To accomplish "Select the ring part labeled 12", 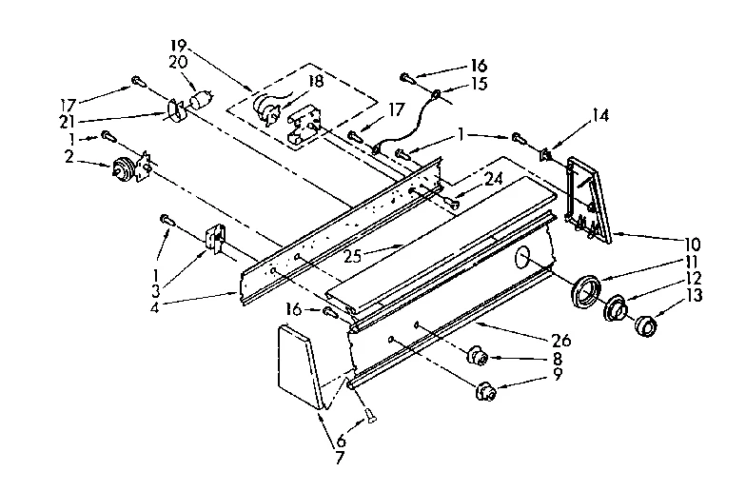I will coord(617,309).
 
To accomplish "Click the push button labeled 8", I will coord(478,358).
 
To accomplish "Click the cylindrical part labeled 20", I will coord(200,100).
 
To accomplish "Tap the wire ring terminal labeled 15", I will coord(435,94).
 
